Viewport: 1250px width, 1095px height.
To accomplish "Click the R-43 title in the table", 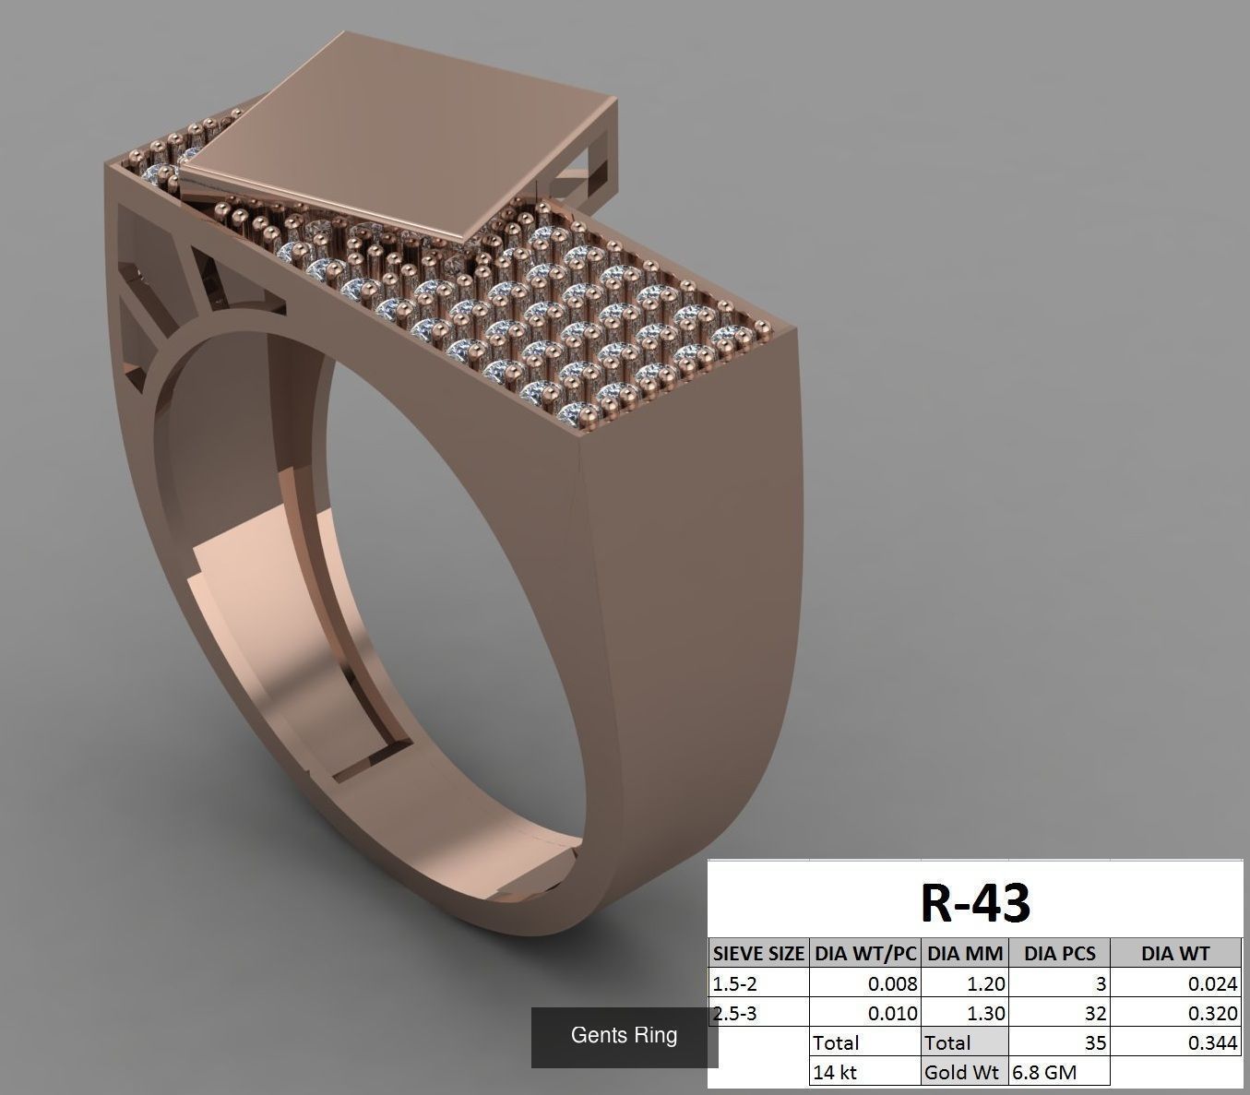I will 975,902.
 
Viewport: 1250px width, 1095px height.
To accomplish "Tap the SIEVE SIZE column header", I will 758,954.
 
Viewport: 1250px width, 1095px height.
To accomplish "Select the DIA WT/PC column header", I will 865,954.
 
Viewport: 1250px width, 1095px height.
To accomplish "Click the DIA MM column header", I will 965,954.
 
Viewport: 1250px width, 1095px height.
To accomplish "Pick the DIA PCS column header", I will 1059,954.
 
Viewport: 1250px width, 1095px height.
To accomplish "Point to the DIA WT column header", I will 1174,954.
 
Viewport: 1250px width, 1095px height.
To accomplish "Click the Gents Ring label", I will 624,1035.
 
